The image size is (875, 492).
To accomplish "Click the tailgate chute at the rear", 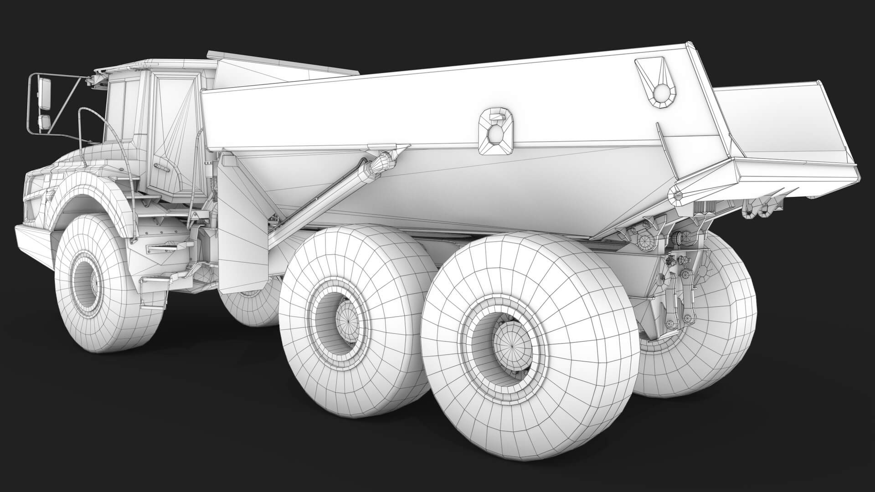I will point(775,132).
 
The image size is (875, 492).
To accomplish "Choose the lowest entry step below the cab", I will point(157,278).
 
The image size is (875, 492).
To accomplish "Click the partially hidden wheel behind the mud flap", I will point(248,310).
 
